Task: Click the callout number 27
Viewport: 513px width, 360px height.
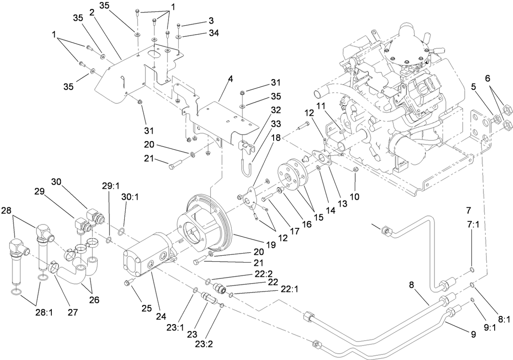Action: pos(72,312)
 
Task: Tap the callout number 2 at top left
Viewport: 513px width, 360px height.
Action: pos(91,12)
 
